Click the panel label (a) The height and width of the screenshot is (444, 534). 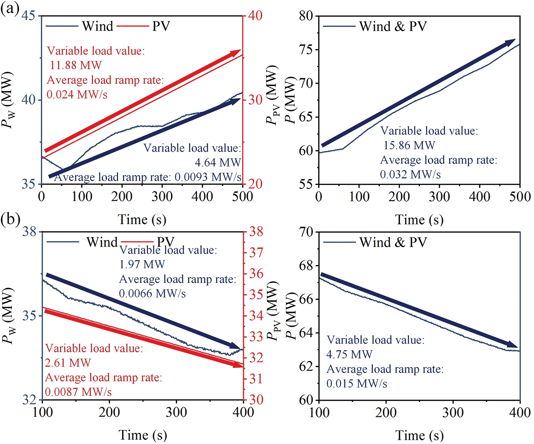pos(9,9)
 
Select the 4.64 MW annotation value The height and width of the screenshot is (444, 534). pos(217,162)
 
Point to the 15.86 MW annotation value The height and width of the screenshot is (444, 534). pos(409,145)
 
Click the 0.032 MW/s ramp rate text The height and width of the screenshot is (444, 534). pos(410,174)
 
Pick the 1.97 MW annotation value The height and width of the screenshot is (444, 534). pos(142,265)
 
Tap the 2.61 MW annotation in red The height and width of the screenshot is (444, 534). pos(68,363)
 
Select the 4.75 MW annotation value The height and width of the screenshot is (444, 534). pos(349,354)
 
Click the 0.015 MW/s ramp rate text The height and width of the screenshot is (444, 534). pos(357,384)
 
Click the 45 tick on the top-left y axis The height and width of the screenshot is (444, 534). pos(29,16)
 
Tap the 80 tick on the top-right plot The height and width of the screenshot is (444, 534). pos(306,16)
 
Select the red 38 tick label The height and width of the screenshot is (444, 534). pos(256,232)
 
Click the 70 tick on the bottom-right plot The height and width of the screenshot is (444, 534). pos(306,232)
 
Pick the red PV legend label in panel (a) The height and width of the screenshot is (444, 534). pos(161,26)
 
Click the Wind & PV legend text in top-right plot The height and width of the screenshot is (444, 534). pos(393,26)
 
